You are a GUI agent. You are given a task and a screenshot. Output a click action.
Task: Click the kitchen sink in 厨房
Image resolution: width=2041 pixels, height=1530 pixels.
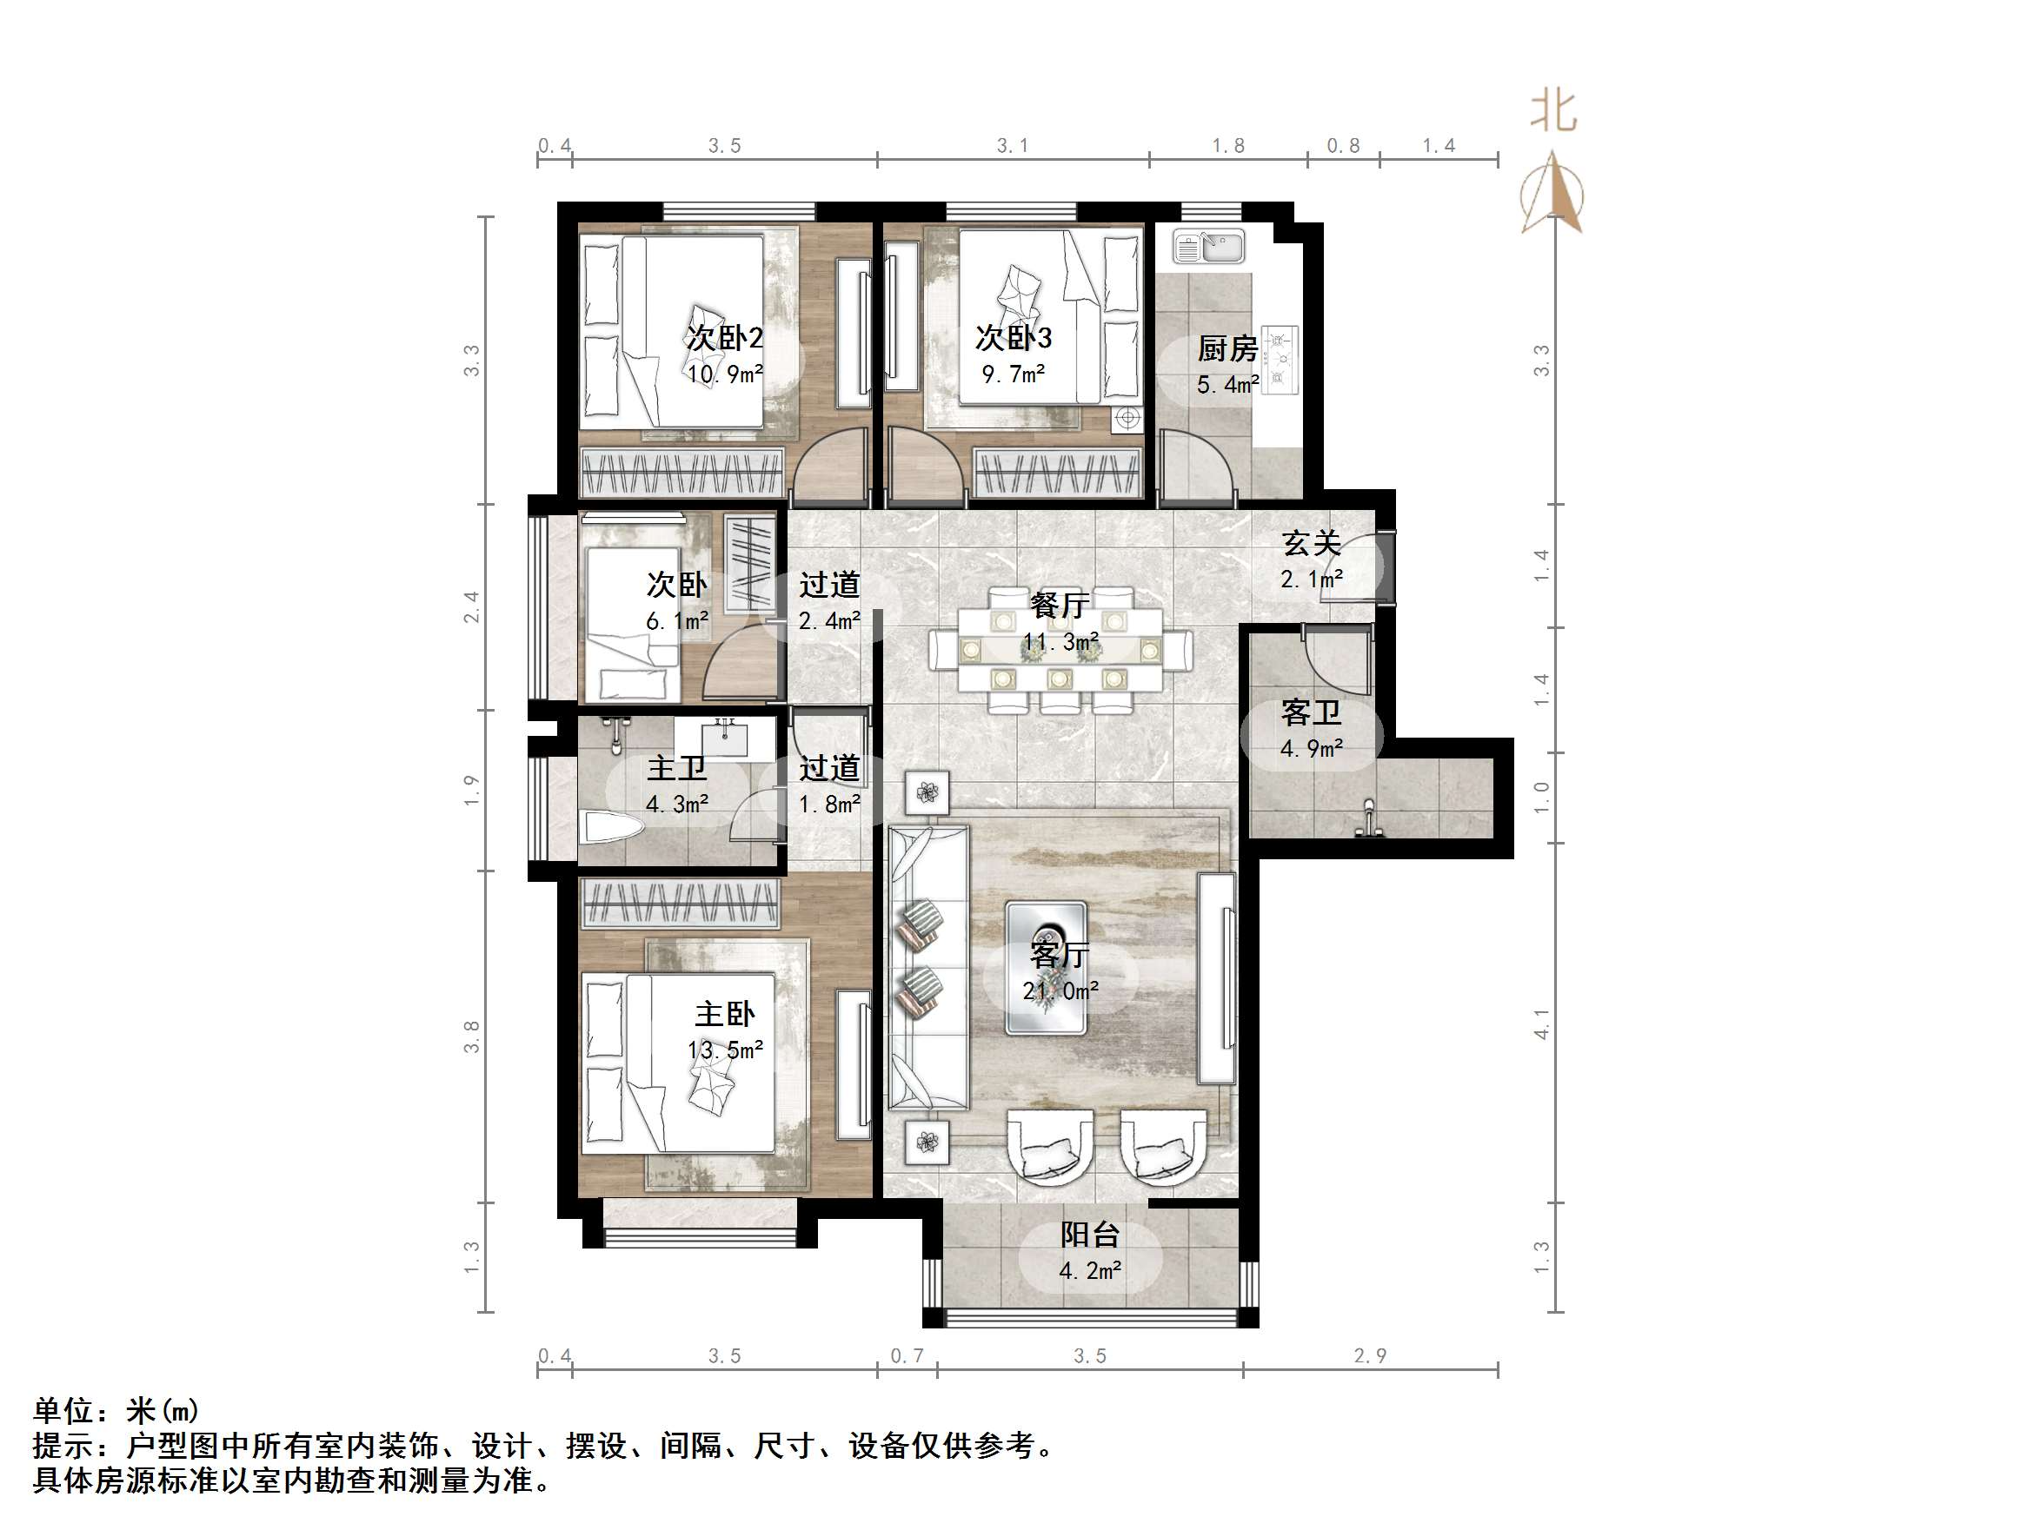point(1207,246)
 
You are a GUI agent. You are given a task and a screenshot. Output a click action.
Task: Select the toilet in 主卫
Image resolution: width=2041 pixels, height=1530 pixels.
point(609,826)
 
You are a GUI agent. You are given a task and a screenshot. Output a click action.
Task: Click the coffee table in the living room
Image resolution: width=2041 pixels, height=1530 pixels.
point(1046,967)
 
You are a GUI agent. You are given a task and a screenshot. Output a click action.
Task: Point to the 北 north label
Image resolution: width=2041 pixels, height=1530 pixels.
point(1554,111)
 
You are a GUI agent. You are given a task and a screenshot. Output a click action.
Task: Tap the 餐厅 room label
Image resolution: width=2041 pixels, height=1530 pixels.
point(1060,606)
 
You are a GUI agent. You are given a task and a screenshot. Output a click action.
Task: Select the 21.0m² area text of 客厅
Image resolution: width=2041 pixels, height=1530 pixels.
point(1060,991)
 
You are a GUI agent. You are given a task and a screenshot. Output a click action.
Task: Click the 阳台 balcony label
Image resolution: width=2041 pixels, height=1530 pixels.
point(1090,1234)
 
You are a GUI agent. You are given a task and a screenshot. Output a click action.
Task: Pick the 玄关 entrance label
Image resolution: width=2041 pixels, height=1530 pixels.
point(1311,543)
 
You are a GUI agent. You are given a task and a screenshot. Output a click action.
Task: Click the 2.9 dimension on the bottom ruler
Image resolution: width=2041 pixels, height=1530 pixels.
point(1370,1355)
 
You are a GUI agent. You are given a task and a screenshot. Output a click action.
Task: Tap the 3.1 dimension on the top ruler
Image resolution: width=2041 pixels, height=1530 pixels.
point(1012,146)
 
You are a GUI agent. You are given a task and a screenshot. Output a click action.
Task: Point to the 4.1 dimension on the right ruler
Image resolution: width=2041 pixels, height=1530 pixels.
point(1542,1023)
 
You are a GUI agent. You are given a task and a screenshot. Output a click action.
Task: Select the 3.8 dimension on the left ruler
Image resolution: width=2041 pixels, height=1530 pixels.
point(471,1037)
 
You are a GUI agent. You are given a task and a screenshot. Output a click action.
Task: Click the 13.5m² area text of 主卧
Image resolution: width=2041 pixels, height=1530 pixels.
point(725,1050)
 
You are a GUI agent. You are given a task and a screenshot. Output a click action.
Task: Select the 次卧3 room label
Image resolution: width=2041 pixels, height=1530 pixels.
point(1014,338)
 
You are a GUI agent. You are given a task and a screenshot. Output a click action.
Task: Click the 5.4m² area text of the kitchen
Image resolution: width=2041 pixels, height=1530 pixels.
point(1227,385)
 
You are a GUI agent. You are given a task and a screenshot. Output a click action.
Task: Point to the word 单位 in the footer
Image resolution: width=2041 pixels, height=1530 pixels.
point(63,1411)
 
